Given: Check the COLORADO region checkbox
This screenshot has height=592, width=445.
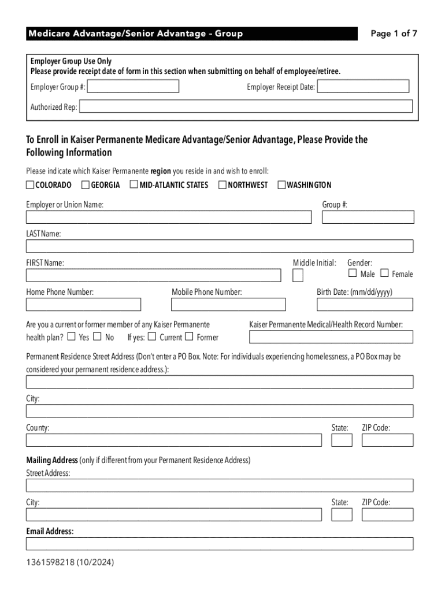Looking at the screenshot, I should [x=30, y=185].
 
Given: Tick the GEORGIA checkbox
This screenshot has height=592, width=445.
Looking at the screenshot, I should [x=86, y=185].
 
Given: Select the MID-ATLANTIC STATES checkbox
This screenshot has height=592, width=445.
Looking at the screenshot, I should [x=133, y=185].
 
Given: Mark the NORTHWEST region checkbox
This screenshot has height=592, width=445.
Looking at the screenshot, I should [x=222, y=185].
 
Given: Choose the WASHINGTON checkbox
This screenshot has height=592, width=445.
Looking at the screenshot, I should [x=282, y=185].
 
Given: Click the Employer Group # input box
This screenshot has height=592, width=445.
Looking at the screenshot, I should [x=133, y=87].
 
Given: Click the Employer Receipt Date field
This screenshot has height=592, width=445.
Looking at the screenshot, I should [x=363, y=87].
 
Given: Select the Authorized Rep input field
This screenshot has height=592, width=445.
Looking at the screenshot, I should [x=246, y=106].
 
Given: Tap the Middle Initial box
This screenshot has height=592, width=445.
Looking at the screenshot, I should [x=298, y=276].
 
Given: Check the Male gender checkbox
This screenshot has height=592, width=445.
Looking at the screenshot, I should [x=353, y=273].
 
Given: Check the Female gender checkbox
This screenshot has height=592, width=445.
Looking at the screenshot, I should [x=384, y=273].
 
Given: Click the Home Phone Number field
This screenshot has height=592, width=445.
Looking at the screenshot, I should [x=83, y=305].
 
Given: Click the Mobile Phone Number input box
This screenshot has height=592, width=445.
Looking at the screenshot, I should [x=228, y=305].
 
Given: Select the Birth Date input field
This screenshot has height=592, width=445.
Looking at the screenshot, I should [x=365, y=305].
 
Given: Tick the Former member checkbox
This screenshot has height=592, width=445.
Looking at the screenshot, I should [x=189, y=336].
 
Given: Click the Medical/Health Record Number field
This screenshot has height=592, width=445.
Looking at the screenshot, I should [x=331, y=337].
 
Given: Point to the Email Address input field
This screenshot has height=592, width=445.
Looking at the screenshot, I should [x=220, y=544].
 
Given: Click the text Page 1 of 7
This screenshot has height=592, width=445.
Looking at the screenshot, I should [x=394, y=34].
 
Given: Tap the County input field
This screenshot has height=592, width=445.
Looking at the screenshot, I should [x=173, y=441].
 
